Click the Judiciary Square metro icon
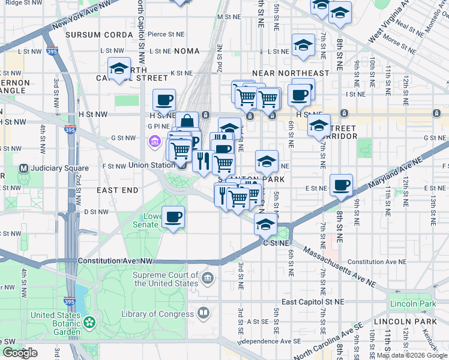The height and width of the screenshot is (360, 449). pyautogui.click(x=25, y=168)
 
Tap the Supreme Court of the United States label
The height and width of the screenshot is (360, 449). pyautogui.click(x=165, y=279)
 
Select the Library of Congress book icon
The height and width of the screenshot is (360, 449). pyautogui.click(x=204, y=313)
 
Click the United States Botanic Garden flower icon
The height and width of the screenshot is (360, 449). pyautogui.click(x=90, y=323)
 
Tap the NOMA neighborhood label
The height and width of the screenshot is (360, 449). pyautogui.click(x=186, y=52)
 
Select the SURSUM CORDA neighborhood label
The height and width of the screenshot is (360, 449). pyautogui.click(x=99, y=35)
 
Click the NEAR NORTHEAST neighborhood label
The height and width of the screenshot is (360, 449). pyautogui.click(x=291, y=73)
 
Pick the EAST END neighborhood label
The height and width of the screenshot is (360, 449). pyautogui.click(x=117, y=190)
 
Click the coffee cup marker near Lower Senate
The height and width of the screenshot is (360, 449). pyautogui.click(x=173, y=217)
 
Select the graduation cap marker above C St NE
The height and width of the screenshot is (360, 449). pyautogui.click(x=265, y=224)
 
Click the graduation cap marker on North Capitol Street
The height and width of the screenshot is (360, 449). pyautogui.click(x=119, y=69)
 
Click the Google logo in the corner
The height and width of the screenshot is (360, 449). pyautogui.click(x=20, y=353)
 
